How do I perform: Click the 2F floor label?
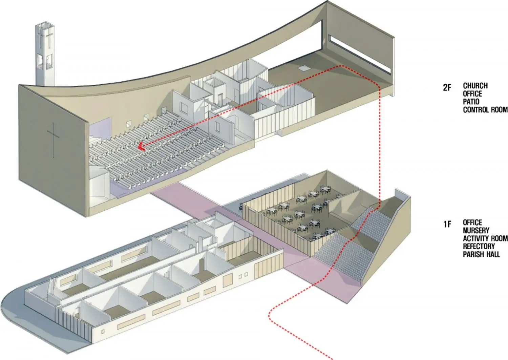(x=447, y=88)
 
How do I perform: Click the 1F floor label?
(x=447, y=224)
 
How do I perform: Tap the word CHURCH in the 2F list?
(x=475, y=86)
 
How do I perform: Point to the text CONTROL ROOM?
(x=485, y=110)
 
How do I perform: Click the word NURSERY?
(x=476, y=231)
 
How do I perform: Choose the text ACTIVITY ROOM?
(x=485, y=238)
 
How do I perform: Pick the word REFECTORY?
(x=479, y=246)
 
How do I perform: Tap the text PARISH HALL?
(x=481, y=254)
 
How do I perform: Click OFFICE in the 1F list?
(x=472, y=223)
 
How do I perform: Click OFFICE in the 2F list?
(x=472, y=94)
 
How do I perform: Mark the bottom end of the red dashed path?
(x=332, y=359)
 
